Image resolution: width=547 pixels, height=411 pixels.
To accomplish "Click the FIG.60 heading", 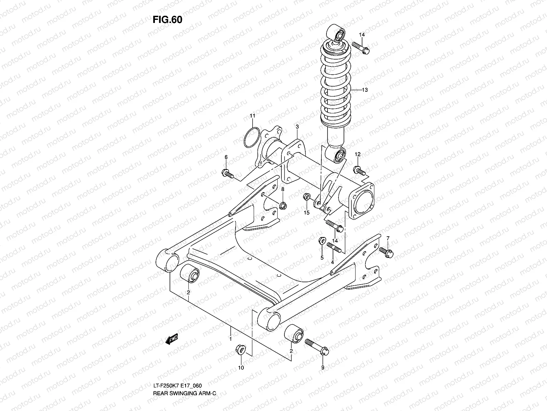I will [167, 20].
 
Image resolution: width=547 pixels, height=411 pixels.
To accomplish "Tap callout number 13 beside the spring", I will [365, 90].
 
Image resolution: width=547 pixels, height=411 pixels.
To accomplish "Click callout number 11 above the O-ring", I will [252, 116].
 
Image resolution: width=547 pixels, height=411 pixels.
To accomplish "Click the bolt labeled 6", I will [228, 174].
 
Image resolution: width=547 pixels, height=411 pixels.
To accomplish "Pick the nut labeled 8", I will [283, 206].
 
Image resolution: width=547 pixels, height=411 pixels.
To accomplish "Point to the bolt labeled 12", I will [359, 170].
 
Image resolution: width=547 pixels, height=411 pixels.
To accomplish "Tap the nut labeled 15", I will [307, 197].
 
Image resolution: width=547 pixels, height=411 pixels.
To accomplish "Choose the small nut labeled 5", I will [321, 241].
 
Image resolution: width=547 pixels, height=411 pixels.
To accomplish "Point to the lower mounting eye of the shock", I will [338, 156].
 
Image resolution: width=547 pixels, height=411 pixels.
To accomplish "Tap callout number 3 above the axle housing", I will [297, 127].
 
